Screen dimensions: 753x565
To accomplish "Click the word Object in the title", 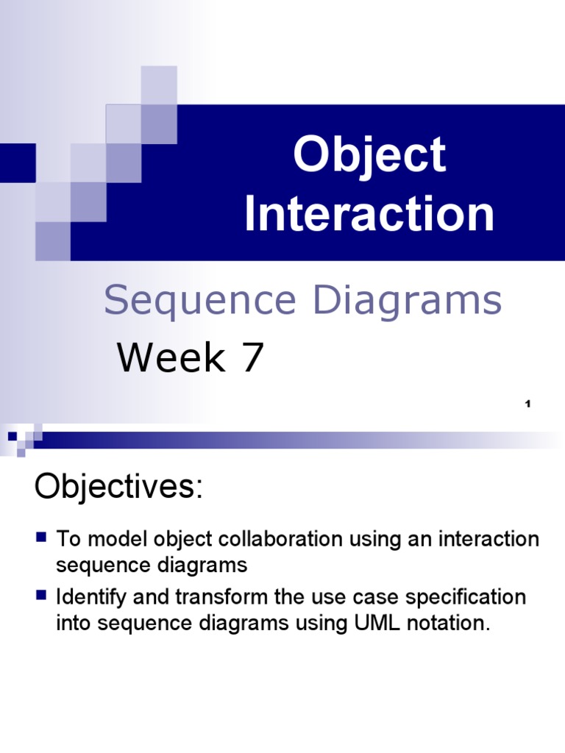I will [369, 156].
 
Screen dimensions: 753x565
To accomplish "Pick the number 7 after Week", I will [250, 358].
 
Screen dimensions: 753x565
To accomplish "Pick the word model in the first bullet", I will [120, 539].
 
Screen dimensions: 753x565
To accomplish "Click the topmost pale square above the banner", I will [159, 85].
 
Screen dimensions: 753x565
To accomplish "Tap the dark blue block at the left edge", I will [17, 163].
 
